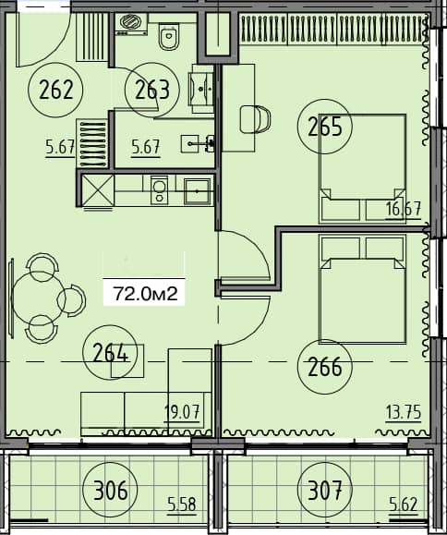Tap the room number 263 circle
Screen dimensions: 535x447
151,90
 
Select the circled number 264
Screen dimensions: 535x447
111,352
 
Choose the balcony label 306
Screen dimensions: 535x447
110,488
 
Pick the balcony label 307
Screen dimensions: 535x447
325,488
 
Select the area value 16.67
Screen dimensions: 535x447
404,209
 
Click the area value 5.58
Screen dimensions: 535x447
183,505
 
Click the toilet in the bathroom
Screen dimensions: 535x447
169,38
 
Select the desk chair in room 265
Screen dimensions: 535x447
255,118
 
